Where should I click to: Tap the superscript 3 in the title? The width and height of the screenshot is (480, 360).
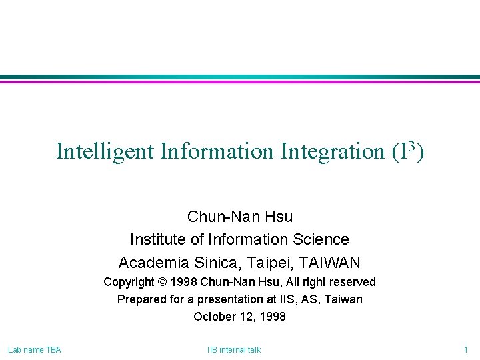pos(410,145)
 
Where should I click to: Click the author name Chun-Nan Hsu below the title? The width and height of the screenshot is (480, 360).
pos(240,217)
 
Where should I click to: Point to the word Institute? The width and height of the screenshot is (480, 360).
pos(158,239)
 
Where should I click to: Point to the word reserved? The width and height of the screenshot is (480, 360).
pos(352,282)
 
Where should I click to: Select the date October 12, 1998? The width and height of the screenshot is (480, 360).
pos(240,317)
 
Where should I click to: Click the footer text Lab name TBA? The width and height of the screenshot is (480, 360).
pos(34,349)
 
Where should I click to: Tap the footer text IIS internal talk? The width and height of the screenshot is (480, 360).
pos(234,349)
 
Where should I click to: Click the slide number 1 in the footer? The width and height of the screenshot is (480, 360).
pos(466,349)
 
